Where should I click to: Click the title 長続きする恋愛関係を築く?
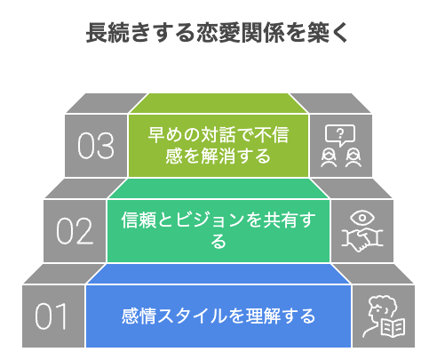pyautogui.click(x=218, y=33)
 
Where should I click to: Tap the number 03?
pyautogui.click(x=96, y=146)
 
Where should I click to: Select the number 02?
pyautogui.click(x=75, y=231)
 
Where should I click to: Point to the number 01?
pyautogui.click(x=51, y=316)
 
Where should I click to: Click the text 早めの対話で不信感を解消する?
pyautogui.click(x=218, y=146)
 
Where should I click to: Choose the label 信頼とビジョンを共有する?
pyautogui.click(x=218, y=230)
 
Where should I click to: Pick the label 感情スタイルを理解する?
pyautogui.click(x=218, y=316)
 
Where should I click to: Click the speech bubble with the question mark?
pyautogui.click(x=340, y=135)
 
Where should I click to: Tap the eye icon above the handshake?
pyautogui.click(x=362, y=218)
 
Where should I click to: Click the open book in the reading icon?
pyautogui.click(x=393, y=328)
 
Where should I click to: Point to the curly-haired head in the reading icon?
pyautogui.click(x=381, y=308)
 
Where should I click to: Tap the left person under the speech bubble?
pyautogui.click(x=329, y=158)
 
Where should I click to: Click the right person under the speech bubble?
pyautogui.click(x=354, y=158)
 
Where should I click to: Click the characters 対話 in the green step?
pyautogui.click(x=218, y=135)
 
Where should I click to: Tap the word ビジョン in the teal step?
pyautogui.click(x=210, y=220)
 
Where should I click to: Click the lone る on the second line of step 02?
pyautogui.click(x=218, y=241)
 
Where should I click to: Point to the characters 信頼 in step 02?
pyautogui.click(x=139, y=220)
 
